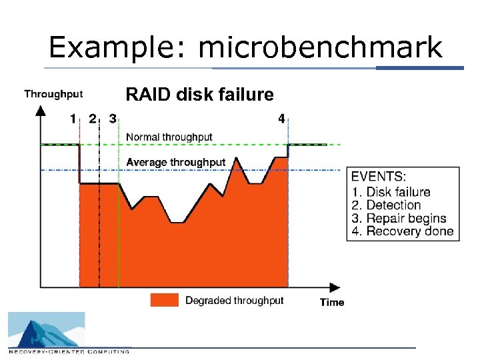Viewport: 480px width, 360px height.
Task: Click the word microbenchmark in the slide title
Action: coord(320,48)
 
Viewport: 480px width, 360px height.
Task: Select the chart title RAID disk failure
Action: coord(199,95)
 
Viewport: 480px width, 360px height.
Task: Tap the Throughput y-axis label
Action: coord(53,94)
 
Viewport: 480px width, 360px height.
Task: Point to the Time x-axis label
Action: coord(332,302)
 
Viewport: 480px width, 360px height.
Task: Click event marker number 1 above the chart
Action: coord(73,119)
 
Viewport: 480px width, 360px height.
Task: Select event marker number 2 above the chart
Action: coord(93,119)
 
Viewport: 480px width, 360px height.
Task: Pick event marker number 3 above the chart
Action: coord(113,119)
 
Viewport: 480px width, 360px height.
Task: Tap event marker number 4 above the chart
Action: coord(281,119)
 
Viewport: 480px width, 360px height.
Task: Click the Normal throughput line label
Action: coord(169,137)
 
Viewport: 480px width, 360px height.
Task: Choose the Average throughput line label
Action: coord(176,162)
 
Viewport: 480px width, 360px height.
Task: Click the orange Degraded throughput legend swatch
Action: coord(165,300)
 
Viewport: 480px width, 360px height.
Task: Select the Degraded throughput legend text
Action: coord(234,301)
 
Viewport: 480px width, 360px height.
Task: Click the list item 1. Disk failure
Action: coord(391,192)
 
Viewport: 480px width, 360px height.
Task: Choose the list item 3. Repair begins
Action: coord(399,219)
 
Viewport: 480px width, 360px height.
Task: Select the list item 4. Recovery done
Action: coord(402,232)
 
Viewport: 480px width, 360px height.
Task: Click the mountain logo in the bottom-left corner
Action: coord(46,330)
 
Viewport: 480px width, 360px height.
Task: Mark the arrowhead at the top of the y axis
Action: coord(41,111)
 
